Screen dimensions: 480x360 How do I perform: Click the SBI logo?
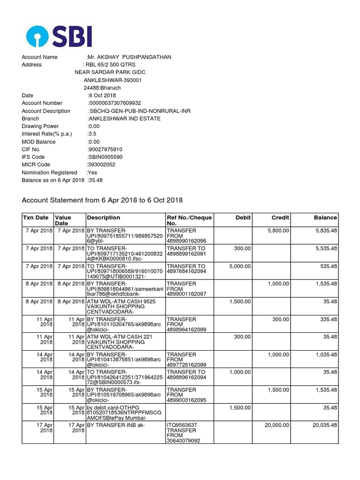click(x=59, y=37)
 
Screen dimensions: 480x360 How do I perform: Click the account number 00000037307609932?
click(x=115, y=103)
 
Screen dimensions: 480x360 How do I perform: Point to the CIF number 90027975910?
click(x=105, y=150)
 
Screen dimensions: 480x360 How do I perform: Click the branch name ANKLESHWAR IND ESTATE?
click(x=124, y=119)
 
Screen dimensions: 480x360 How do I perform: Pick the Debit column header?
click(x=243, y=217)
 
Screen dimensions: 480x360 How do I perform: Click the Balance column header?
click(x=325, y=217)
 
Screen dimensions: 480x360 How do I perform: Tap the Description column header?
click(x=103, y=217)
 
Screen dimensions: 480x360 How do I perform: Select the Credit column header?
click(x=280, y=217)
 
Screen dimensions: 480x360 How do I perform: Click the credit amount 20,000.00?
click(x=275, y=425)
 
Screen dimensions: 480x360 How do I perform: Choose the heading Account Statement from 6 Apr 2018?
click(x=102, y=200)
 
